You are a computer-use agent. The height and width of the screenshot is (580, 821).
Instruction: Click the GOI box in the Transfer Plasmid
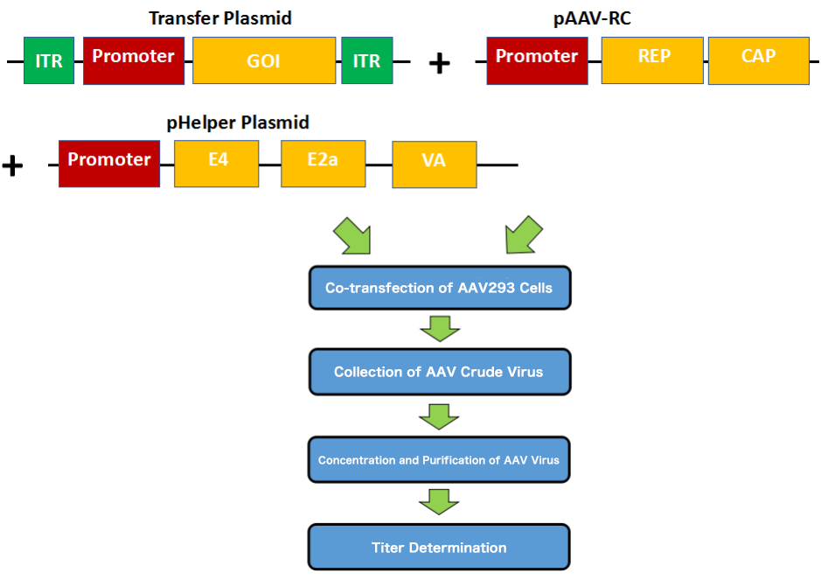[x=264, y=60]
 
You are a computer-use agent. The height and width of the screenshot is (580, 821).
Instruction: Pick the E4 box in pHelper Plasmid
[x=217, y=164]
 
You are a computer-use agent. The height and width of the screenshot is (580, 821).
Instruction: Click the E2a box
[x=323, y=164]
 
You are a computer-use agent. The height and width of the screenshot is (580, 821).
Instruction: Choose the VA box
[x=435, y=164]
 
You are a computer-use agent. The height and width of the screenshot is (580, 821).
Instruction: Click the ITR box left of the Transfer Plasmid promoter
[x=49, y=60]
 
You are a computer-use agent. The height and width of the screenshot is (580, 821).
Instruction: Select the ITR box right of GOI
[x=367, y=60]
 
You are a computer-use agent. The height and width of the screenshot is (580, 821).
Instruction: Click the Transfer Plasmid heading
[x=220, y=18]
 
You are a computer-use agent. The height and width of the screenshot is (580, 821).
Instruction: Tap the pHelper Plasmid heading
[x=238, y=122]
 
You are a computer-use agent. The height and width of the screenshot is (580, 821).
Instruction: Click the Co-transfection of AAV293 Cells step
[x=439, y=288]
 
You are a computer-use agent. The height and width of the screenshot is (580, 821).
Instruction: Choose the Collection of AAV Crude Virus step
[x=439, y=372]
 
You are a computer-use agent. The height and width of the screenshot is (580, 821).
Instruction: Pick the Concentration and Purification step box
[x=439, y=459]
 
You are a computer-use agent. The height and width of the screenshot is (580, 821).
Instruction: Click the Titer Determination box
[x=439, y=548]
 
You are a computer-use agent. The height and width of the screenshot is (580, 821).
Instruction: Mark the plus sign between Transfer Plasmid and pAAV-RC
[x=439, y=63]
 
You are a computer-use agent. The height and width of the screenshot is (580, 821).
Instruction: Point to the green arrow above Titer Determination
[x=439, y=502]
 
